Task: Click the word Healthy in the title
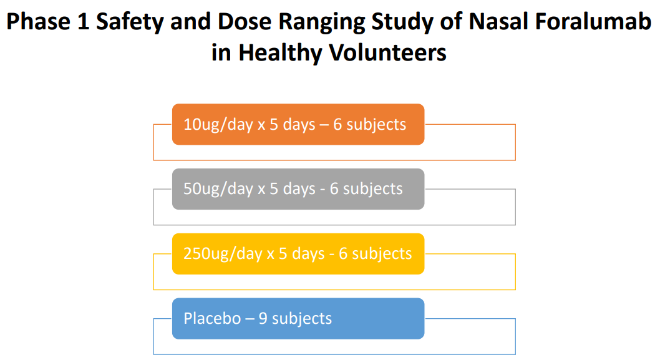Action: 276,52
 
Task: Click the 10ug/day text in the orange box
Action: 218,124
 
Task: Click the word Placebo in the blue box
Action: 212,318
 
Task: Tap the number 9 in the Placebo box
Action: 263,318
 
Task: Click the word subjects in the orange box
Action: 376,124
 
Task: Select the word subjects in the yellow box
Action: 382,253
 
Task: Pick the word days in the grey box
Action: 299,188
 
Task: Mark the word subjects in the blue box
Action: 302,318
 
